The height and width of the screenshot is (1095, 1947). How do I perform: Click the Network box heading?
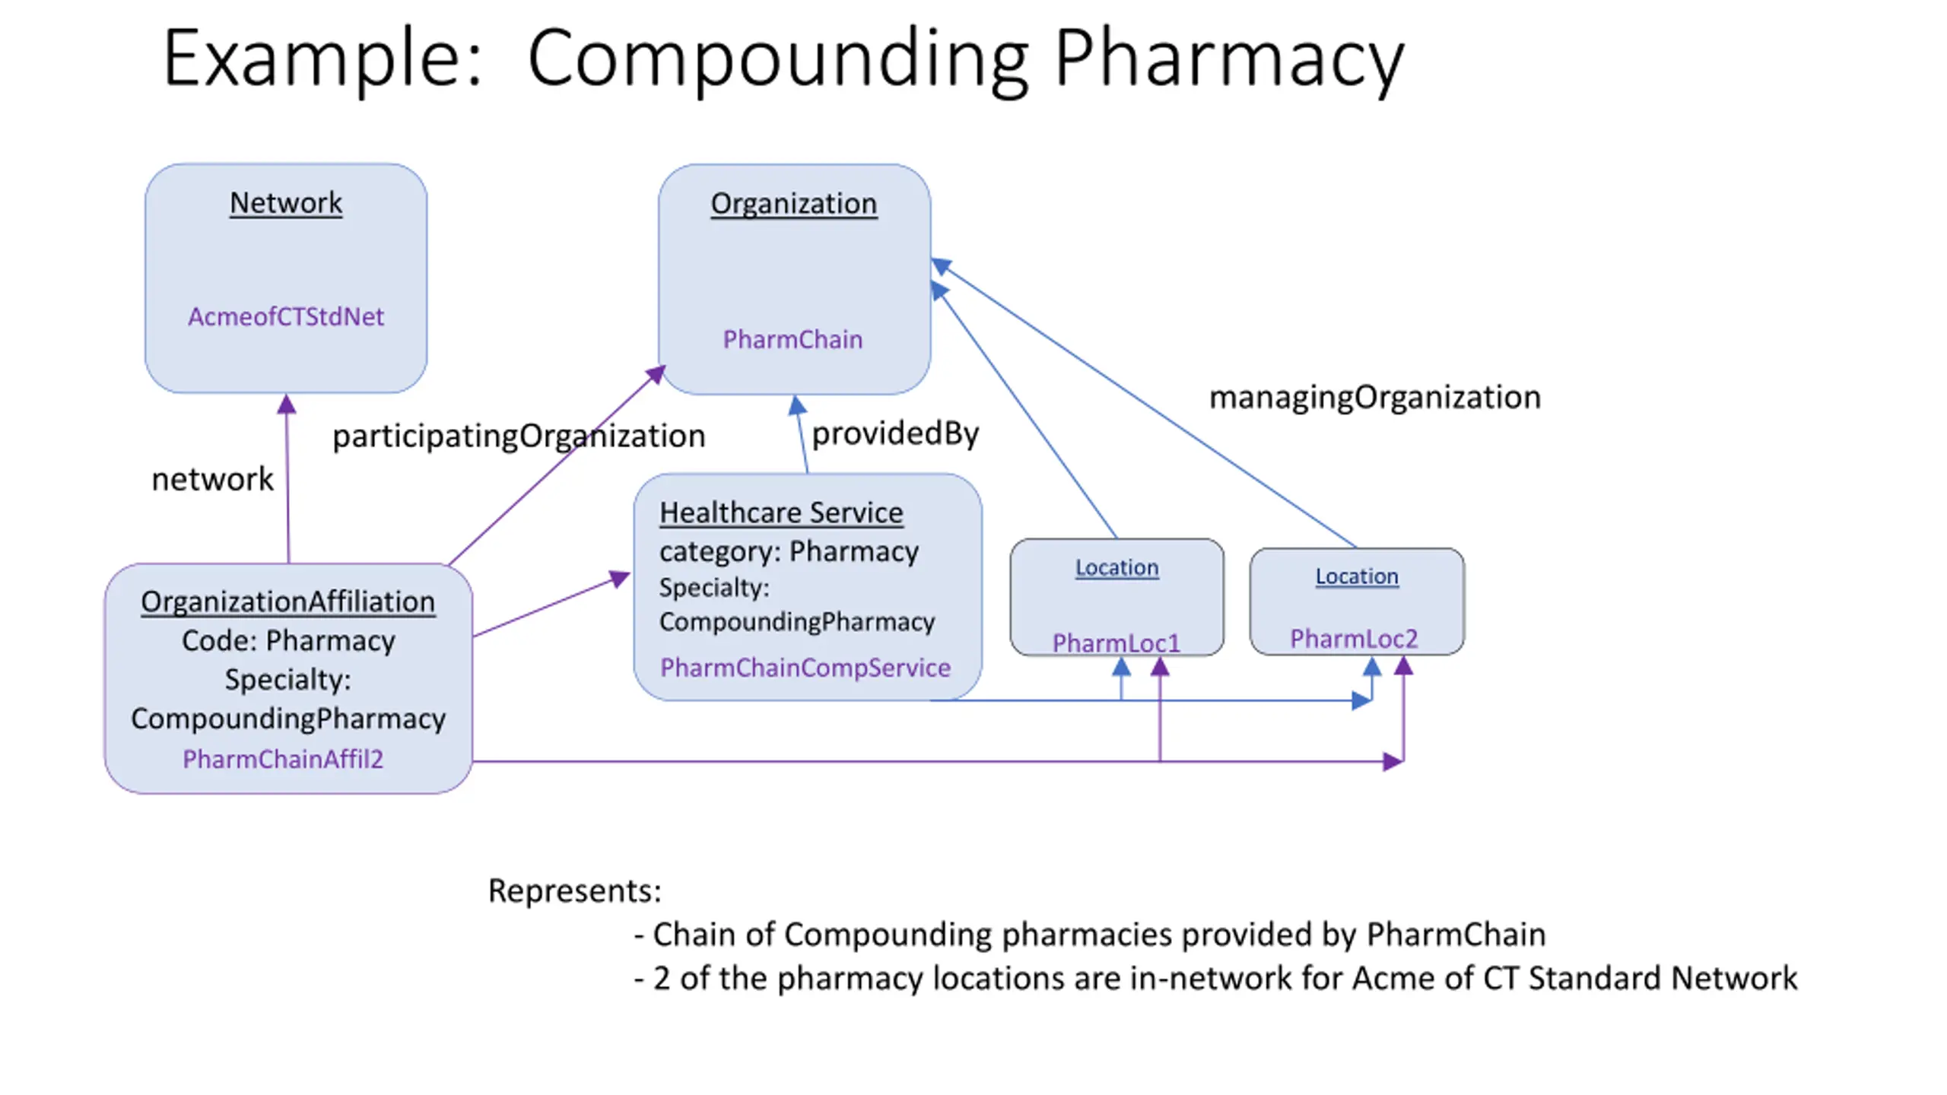pyautogui.click(x=286, y=203)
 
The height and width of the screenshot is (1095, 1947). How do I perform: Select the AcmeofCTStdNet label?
pyautogui.click(x=286, y=316)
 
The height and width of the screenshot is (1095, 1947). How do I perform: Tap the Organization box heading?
pyautogui.click(x=794, y=205)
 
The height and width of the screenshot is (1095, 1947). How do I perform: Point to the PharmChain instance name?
pyautogui.click(x=792, y=339)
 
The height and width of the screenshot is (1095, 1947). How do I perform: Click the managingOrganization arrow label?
pyautogui.click(x=1375, y=398)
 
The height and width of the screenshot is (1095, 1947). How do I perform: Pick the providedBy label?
pyautogui.click(x=896, y=433)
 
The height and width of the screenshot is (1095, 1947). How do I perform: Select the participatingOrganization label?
pyautogui.click(x=519, y=436)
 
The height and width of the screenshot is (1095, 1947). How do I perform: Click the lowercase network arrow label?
pyautogui.click(x=212, y=480)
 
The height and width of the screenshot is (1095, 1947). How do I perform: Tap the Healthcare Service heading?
pyautogui.click(x=781, y=513)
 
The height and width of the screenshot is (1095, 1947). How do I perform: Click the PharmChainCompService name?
pyautogui.click(x=805, y=668)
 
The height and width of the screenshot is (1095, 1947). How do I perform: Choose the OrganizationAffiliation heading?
pyautogui.click(x=287, y=601)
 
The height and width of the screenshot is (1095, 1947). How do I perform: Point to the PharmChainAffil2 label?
pyautogui.click(x=283, y=759)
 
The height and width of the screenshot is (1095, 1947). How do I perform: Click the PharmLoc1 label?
pyautogui.click(x=1116, y=643)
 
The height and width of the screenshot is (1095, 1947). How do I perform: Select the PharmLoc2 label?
pyautogui.click(x=1354, y=639)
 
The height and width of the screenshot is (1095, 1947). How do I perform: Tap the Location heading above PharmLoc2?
pyautogui.click(x=1357, y=576)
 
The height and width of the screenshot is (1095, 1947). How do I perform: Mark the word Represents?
pyautogui.click(x=575, y=891)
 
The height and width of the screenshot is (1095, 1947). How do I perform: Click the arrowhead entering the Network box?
pyautogui.click(x=286, y=404)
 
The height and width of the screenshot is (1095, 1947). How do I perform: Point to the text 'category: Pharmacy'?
pyautogui.click(x=789, y=551)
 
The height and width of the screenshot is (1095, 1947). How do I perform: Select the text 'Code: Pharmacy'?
pyautogui.click(x=288, y=641)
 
